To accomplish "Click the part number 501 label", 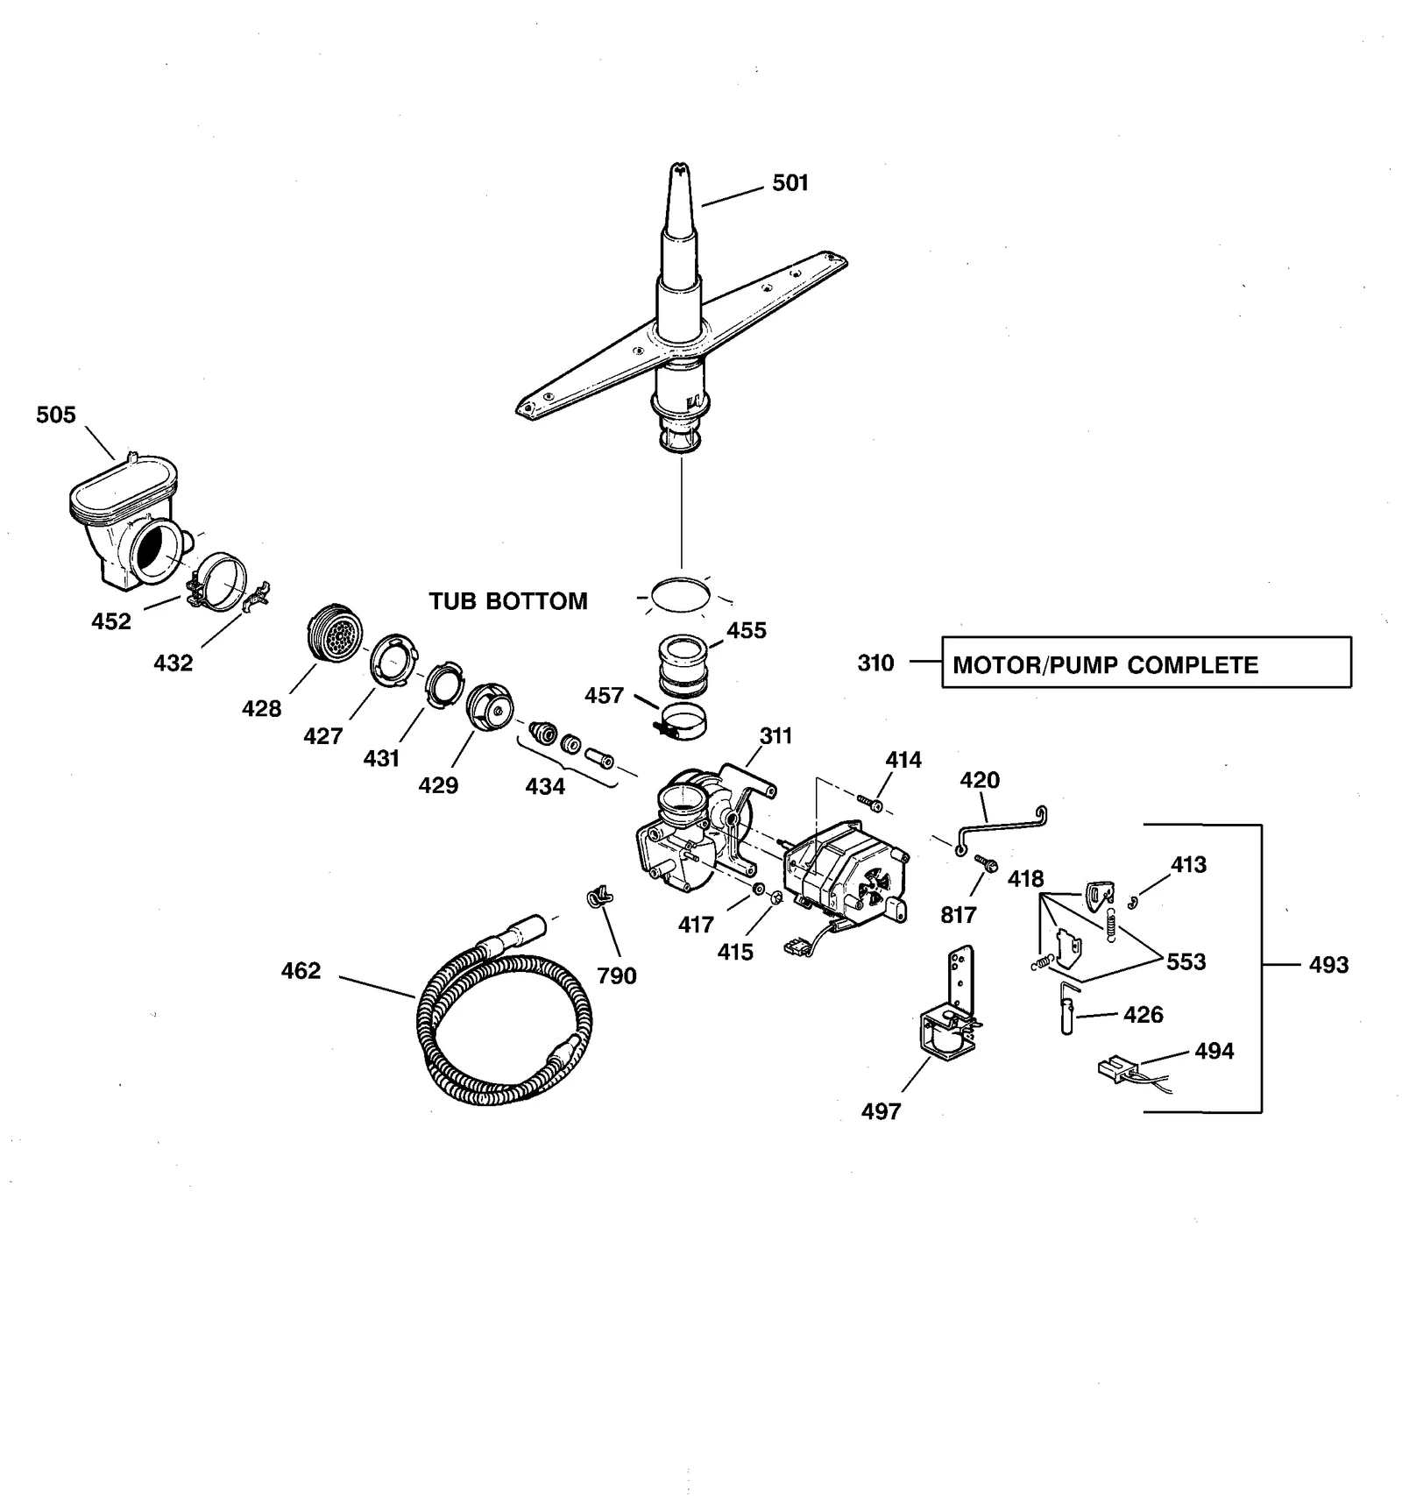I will tap(790, 182).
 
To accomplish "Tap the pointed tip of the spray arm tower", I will tap(677, 167).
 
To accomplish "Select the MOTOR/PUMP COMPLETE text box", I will tap(1145, 663).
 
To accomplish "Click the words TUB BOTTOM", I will tap(507, 601).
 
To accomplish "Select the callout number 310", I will tap(875, 663).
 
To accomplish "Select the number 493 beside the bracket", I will tap(1328, 965).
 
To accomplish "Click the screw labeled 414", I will tap(869, 802).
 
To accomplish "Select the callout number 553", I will tap(1186, 961).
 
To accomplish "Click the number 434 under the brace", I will tap(544, 787).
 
